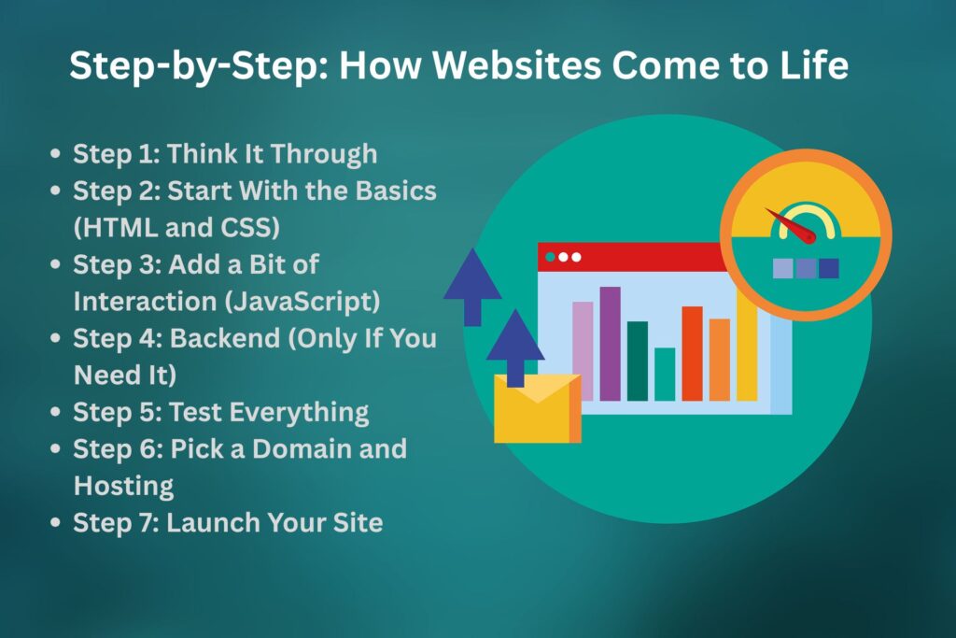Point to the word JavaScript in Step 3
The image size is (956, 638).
pyautogui.click(x=323, y=302)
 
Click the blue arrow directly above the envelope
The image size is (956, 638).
pyautogui.click(x=515, y=347)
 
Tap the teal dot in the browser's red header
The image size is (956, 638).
pyautogui.click(x=551, y=256)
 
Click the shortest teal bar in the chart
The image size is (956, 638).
pyautogui.click(x=665, y=374)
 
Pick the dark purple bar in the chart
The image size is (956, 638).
pyautogui.click(x=610, y=343)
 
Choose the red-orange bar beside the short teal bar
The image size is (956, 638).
pyautogui.click(x=692, y=352)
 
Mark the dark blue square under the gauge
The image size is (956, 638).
pyautogui.click(x=828, y=269)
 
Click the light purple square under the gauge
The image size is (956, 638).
pyautogui.click(x=783, y=269)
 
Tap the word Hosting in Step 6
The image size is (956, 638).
pyautogui.click(x=123, y=486)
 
